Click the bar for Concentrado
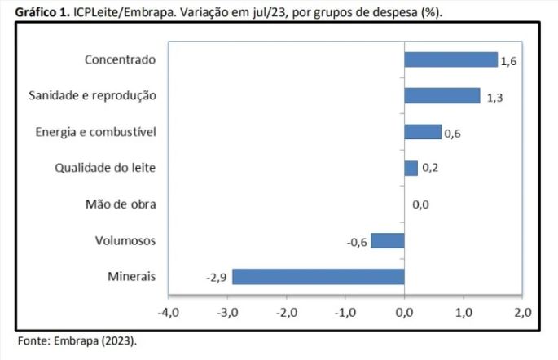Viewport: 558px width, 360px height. pyautogui.click(x=450, y=59)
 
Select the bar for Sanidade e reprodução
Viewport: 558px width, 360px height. pyautogui.click(x=442, y=96)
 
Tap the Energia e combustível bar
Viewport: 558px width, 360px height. pyautogui.click(x=423, y=132)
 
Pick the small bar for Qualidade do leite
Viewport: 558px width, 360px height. pyautogui.click(x=411, y=168)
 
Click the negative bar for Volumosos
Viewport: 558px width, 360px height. pyautogui.click(x=388, y=240)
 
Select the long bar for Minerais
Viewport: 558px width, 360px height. pyautogui.click(x=319, y=277)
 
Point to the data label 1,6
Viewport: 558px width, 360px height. pyautogui.click(x=509, y=62)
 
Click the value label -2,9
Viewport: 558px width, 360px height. pyautogui.click(x=216, y=278)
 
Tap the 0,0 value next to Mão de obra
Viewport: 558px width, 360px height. pyautogui.click(x=420, y=205)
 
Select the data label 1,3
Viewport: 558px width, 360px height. pyautogui.click(x=494, y=98)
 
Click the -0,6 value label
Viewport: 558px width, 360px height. pyautogui.click(x=356, y=242)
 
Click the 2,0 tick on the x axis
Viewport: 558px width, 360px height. pyautogui.click(x=522, y=312)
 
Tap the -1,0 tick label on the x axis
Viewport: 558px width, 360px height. pyautogui.click(x=345, y=312)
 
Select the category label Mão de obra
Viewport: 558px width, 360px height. pyautogui.click(x=121, y=204)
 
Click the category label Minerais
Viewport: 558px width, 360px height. pyautogui.click(x=131, y=277)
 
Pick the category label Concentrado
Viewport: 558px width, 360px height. pyautogui.click(x=120, y=59)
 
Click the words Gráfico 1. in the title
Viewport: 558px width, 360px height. pyautogui.click(x=42, y=11)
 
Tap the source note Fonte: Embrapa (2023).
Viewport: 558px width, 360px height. pyautogui.click(x=78, y=340)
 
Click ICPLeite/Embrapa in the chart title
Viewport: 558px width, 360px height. pyautogui.click(x=123, y=11)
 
